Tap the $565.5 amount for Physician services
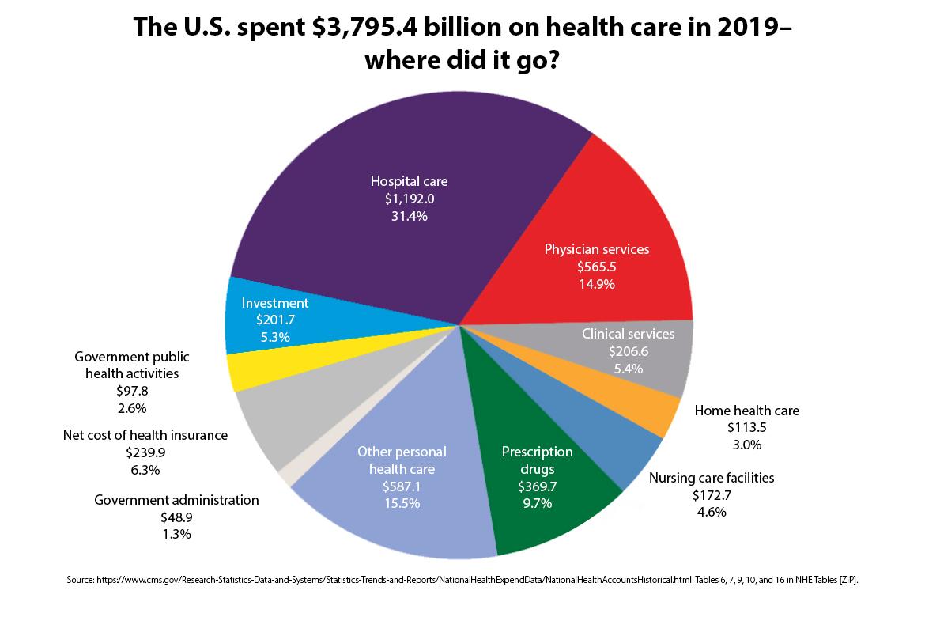tap(596, 267)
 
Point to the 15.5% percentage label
tap(401, 503)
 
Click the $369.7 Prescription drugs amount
tap(537, 486)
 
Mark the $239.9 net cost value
tap(145, 452)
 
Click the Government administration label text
tap(176, 500)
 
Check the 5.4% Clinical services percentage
tap(628, 368)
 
